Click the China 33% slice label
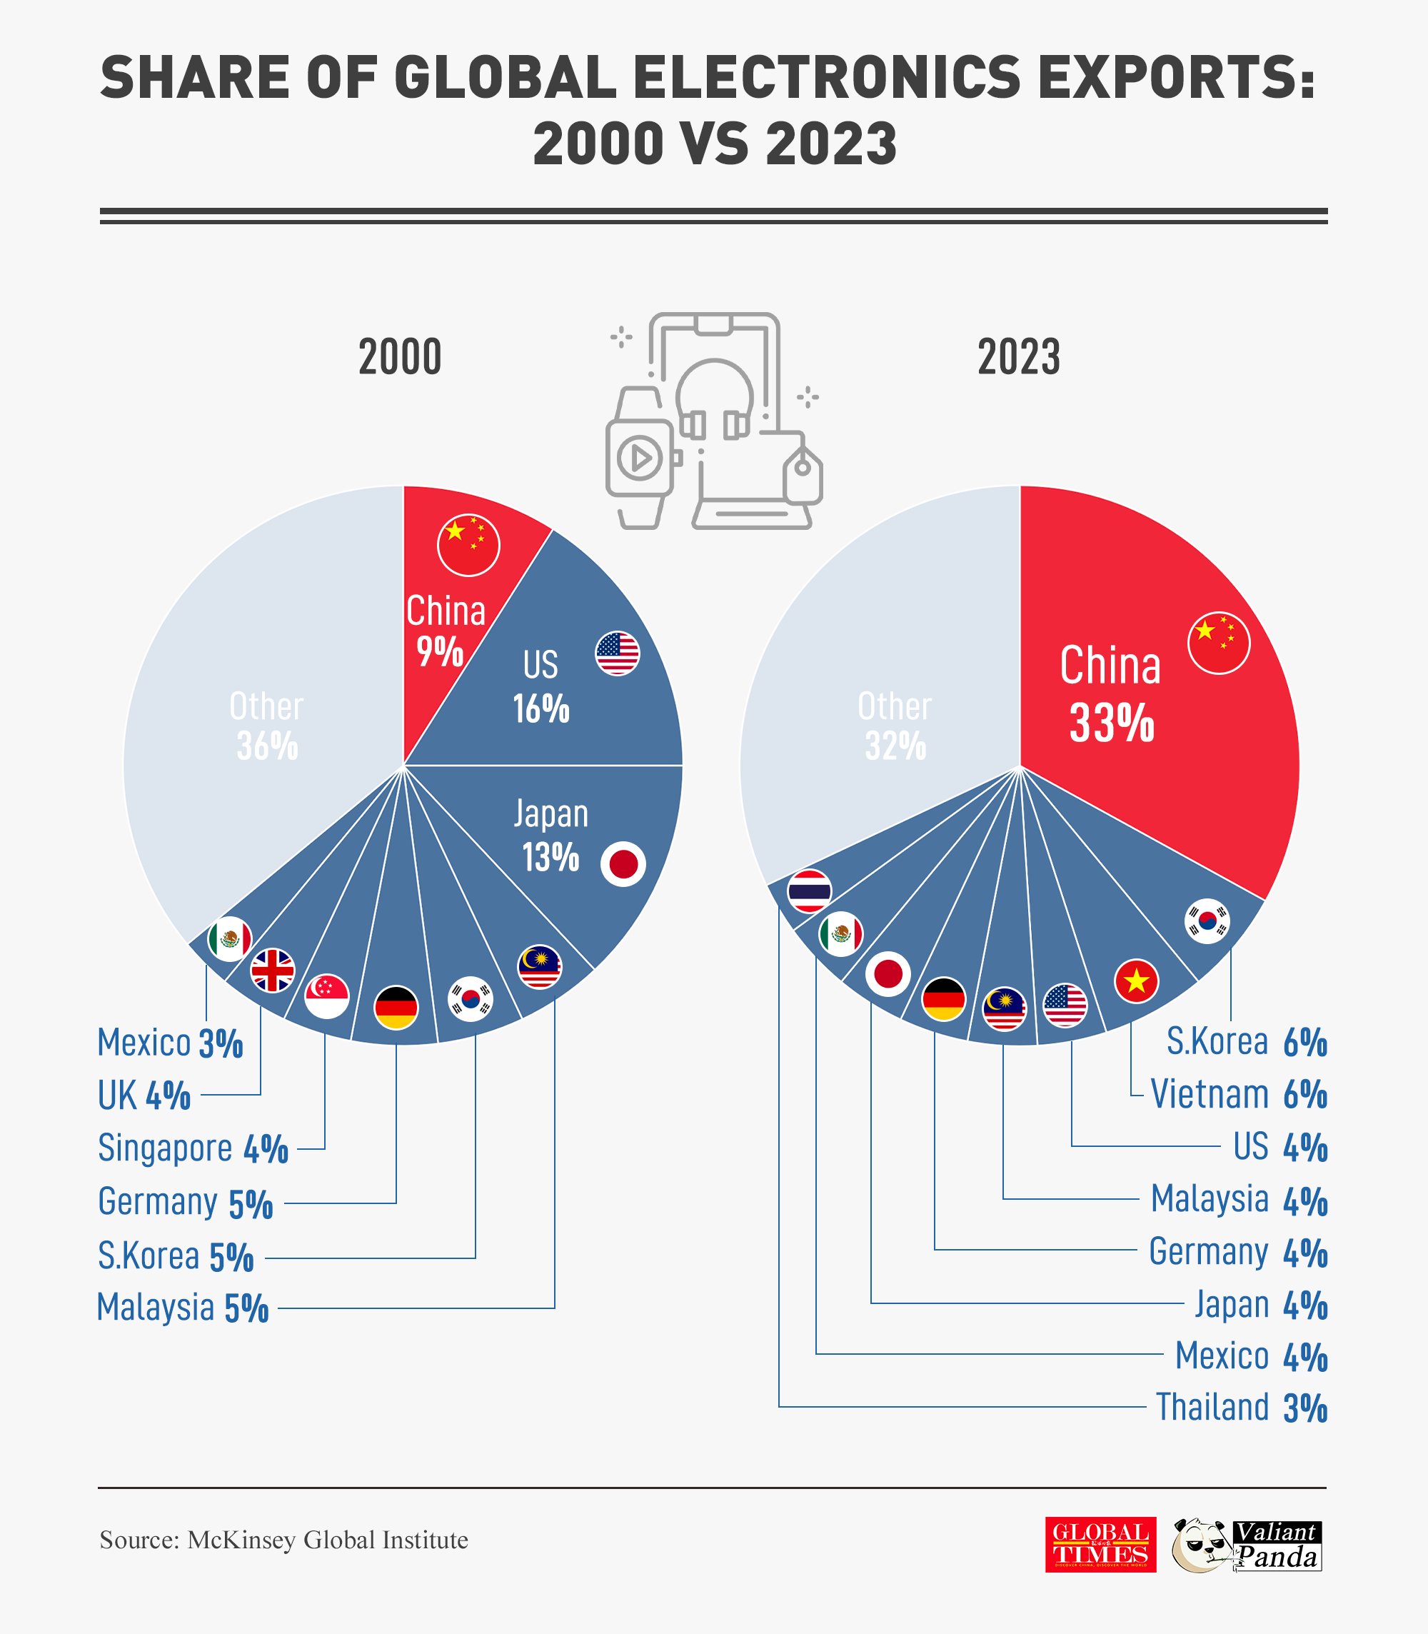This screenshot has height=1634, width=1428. (x=1110, y=694)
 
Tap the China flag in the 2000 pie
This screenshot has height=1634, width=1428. (x=468, y=545)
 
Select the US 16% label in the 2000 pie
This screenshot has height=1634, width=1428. (x=541, y=686)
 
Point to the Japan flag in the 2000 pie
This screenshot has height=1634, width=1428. (x=623, y=864)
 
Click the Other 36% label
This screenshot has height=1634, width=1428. (x=267, y=726)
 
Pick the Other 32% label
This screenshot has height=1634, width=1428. (x=895, y=726)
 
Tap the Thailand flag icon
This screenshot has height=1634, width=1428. (x=809, y=891)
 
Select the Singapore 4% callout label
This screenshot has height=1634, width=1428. (x=193, y=1148)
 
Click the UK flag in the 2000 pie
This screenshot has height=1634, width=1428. (x=273, y=970)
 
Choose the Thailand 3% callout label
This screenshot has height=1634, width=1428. (x=1241, y=1408)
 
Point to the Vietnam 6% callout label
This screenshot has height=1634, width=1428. (x=1238, y=1094)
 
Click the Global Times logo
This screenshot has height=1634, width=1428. (x=1100, y=1545)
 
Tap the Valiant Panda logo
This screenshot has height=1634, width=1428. (x=1247, y=1545)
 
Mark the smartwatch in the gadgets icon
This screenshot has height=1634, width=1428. (x=640, y=458)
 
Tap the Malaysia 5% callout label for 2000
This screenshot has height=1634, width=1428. (x=183, y=1308)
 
